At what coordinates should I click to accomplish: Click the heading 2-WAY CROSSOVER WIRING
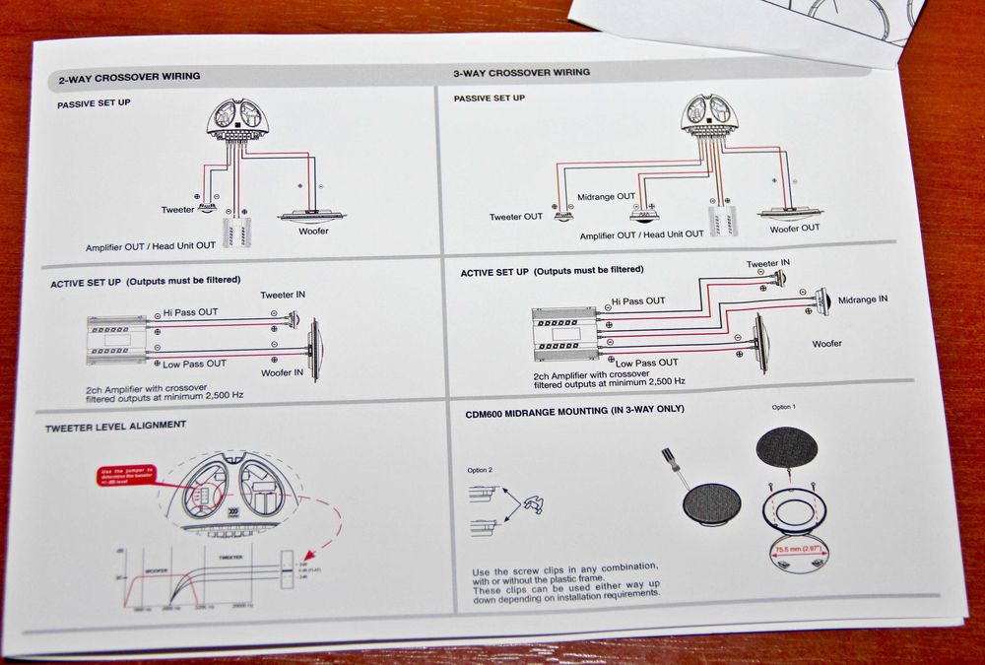[129, 77]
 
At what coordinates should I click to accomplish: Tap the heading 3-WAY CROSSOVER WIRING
[521, 73]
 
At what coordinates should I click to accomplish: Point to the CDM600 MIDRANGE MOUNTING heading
[575, 409]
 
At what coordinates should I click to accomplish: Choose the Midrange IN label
[863, 299]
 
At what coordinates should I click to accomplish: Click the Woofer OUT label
[794, 229]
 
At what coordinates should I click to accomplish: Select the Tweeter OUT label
[516, 218]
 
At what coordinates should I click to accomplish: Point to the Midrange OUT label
[606, 197]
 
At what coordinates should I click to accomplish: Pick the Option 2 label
[480, 470]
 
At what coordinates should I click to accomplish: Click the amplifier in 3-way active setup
[562, 336]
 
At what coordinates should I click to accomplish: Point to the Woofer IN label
[282, 372]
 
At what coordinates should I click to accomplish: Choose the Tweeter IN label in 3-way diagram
[768, 263]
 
